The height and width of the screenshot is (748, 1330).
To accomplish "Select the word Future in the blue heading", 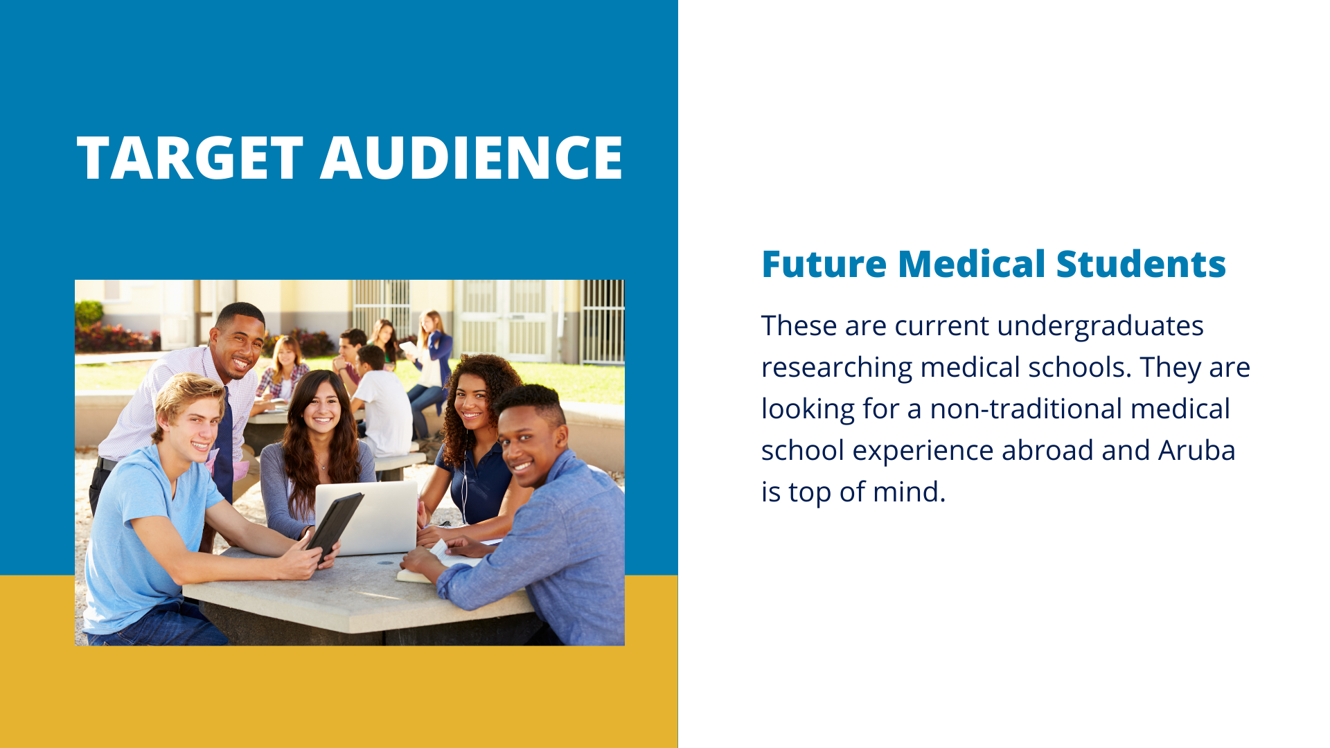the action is pyautogui.click(x=824, y=264).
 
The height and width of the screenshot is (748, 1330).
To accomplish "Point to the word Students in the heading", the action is pyautogui.click(x=1141, y=264).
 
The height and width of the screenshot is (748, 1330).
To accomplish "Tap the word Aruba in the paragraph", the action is pyautogui.click(x=1197, y=450).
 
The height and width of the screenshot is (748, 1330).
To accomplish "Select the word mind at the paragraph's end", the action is pyautogui.click(x=909, y=492).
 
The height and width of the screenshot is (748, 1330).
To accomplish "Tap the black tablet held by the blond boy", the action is pyautogui.click(x=335, y=526).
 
